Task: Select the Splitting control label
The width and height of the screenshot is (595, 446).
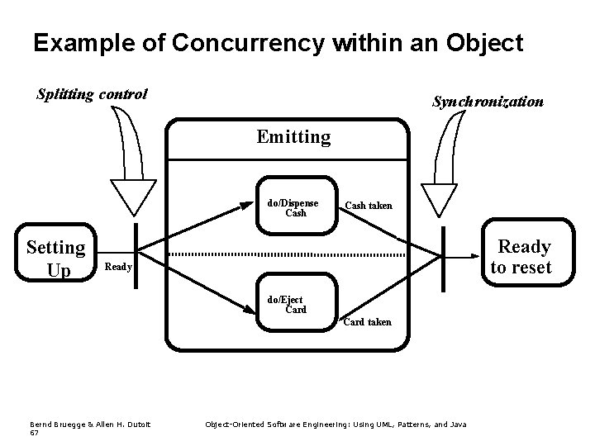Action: pos(92,94)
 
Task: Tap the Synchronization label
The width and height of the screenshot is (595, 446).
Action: pos(488,102)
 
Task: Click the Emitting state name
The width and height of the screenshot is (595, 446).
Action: pos(293,136)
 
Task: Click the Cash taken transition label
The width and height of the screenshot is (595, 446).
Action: pos(369,206)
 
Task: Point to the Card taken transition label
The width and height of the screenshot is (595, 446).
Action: pos(368,322)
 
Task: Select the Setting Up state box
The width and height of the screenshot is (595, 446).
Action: pos(55,258)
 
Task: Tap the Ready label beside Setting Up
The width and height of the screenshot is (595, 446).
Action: pos(118,268)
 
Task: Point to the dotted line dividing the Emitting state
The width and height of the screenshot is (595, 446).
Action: pos(289,253)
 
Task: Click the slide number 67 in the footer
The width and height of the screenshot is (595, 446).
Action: pos(34,433)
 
